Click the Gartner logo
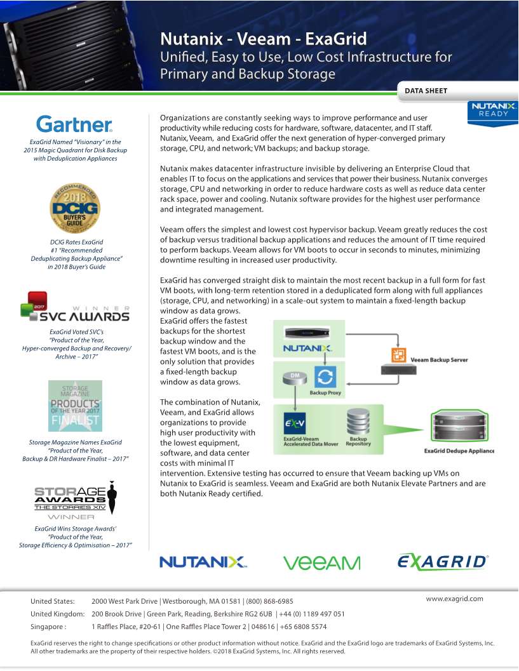[x=74, y=124]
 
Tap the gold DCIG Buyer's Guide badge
[x=75, y=209]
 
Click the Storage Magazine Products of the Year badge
[x=75, y=406]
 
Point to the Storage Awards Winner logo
[x=75, y=500]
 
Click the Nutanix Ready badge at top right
[x=494, y=110]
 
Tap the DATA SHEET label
[x=426, y=91]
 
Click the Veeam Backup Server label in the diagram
[x=440, y=360]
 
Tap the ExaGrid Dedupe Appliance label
[x=459, y=451]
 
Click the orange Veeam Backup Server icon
[x=399, y=355]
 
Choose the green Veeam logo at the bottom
[x=321, y=562]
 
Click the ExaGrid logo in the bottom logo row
[x=443, y=561]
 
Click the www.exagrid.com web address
[x=454, y=599]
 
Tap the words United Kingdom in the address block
[x=57, y=614]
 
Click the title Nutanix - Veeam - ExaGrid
[x=263, y=39]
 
